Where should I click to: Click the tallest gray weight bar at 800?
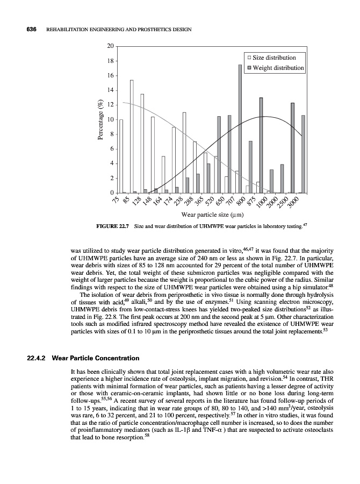pos(240,129)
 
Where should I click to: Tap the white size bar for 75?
pos(121,156)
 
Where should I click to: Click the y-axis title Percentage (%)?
pos(100,120)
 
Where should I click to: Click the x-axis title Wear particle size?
pos(210,216)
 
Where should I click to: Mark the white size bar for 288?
pos(184,152)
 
